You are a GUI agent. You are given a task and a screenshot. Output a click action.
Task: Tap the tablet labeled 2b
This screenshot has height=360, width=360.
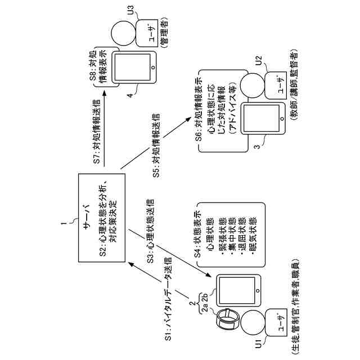coord(238,290)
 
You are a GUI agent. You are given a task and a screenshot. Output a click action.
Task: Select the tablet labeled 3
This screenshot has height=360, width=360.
coord(263,119)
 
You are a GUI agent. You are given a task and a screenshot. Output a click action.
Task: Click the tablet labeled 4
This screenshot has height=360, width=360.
coord(134,67)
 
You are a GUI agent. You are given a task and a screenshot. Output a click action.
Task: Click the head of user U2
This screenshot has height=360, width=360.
coord(253,85)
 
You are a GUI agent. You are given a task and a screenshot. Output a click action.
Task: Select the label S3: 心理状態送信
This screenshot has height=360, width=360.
coord(150,231)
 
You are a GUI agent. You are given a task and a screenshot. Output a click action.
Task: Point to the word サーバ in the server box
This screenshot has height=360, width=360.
coord(88,217)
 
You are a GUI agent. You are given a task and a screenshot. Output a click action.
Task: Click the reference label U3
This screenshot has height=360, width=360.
coord(131,10)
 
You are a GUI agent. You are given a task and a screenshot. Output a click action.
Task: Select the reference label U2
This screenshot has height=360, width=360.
coord(259,60)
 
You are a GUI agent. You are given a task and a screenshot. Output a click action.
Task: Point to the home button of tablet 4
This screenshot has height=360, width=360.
coord(153,67)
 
